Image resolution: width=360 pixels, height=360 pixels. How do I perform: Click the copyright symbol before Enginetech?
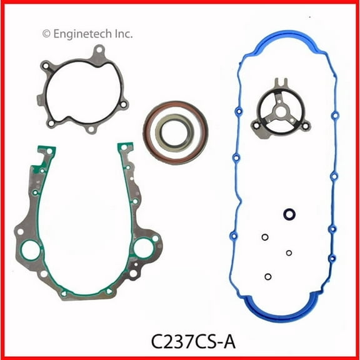pos(45,33)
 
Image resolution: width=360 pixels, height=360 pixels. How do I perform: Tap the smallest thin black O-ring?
pos(288,252)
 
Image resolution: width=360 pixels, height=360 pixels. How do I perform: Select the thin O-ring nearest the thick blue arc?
pos(267,276)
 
